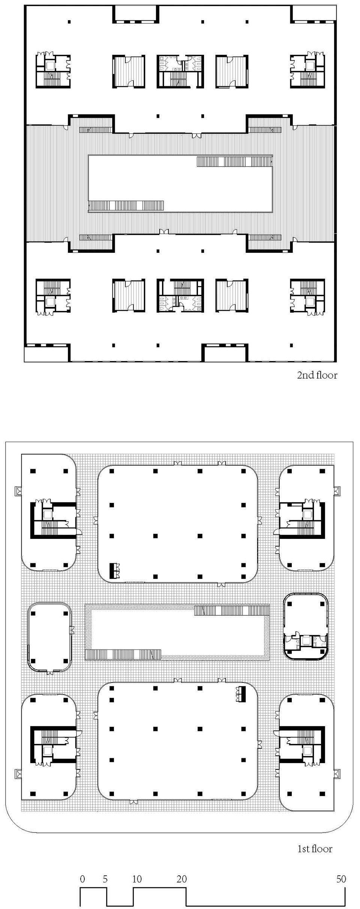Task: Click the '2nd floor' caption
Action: point(317,375)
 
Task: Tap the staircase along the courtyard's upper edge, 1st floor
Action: point(231,610)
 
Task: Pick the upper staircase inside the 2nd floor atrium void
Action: point(234,162)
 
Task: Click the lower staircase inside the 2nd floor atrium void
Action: point(126,205)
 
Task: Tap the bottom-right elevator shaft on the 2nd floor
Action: point(309,301)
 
